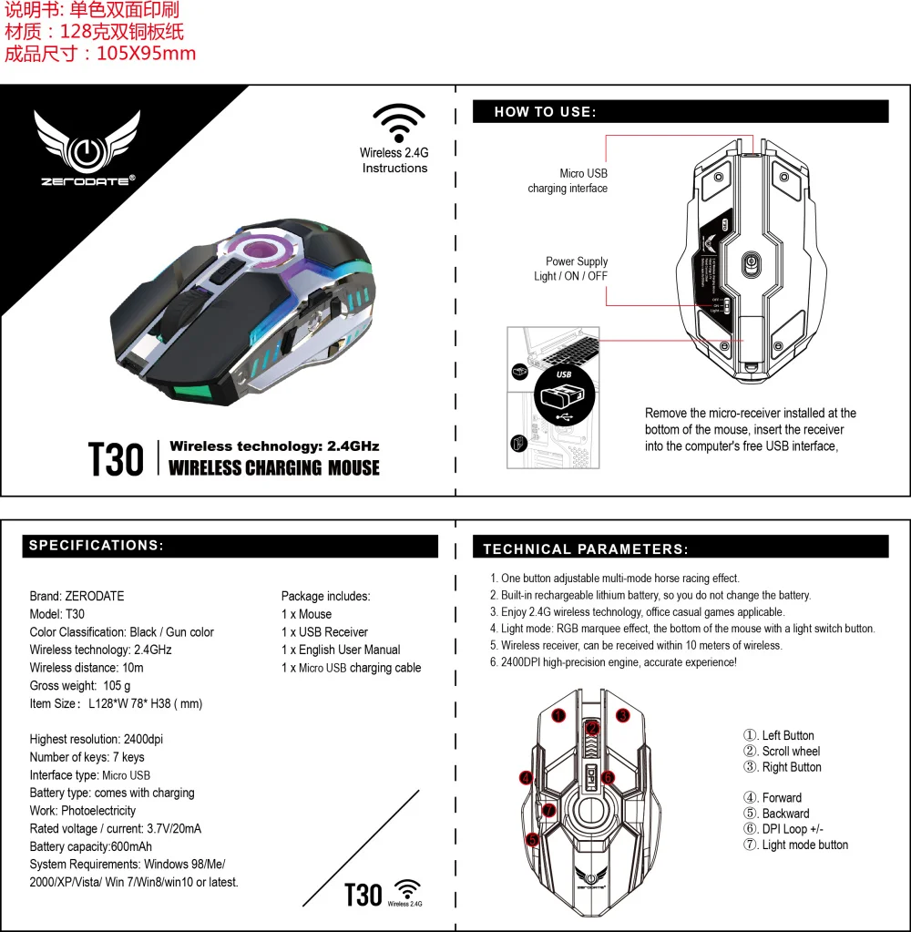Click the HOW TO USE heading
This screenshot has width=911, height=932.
coord(545,112)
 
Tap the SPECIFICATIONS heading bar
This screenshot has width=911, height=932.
coord(96,546)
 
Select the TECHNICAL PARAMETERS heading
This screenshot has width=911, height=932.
coord(586,549)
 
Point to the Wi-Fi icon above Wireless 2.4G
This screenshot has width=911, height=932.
coord(398,123)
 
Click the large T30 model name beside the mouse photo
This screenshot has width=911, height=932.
coord(116,459)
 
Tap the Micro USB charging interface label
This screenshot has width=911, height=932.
coord(568,180)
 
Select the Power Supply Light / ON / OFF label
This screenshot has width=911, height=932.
coord(571,269)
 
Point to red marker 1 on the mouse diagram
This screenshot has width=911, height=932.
coord(558,716)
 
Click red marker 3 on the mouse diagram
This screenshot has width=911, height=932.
coord(623,716)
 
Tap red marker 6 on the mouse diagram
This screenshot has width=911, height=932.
coord(609,777)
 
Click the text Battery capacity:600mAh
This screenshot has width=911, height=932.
coord(91,846)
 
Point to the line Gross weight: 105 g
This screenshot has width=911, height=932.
coord(80,685)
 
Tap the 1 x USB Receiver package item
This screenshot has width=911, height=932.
coord(324,632)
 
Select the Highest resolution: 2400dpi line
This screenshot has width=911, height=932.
coord(97,739)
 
